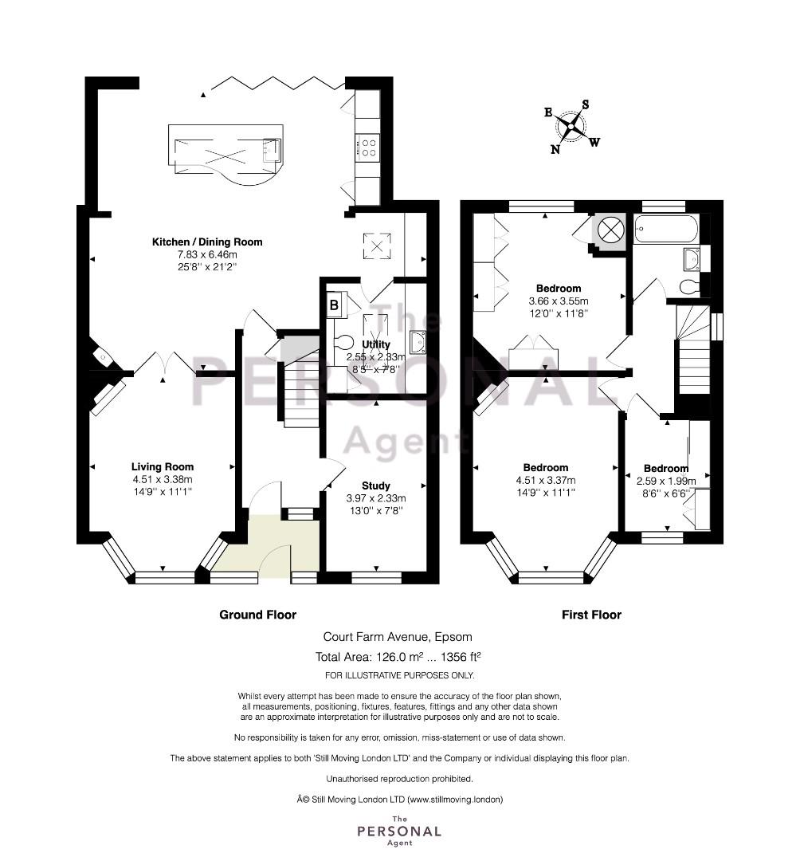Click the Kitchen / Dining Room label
point(207,242)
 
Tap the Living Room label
point(163,466)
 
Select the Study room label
point(376,486)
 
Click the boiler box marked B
point(334,305)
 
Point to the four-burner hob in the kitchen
point(367,147)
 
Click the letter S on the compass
point(586,104)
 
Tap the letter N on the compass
point(555,149)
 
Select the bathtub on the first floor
point(666,229)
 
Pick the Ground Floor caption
point(258,615)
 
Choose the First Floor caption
point(591,615)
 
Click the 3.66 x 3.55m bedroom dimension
point(559,301)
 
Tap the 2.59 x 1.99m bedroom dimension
point(666,482)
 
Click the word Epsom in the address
point(453,638)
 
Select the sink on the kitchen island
point(272,150)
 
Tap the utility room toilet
point(343,342)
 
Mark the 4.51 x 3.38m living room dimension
point(163,479)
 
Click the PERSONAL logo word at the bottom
point(399,832)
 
